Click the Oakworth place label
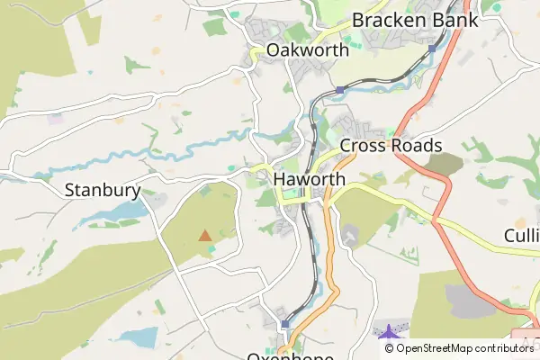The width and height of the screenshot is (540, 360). [307, 50]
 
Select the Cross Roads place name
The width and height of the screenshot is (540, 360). [391, 146]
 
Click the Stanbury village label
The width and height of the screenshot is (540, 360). [103, 190]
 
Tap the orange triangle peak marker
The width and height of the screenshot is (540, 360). [205, 236]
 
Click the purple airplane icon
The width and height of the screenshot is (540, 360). [388, 331]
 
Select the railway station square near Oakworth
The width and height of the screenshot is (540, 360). [339, 91]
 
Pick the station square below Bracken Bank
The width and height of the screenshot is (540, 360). [432, 49]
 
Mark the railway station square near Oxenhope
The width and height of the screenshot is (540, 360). [284, 324]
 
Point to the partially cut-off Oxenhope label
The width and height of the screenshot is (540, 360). [290, 355]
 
